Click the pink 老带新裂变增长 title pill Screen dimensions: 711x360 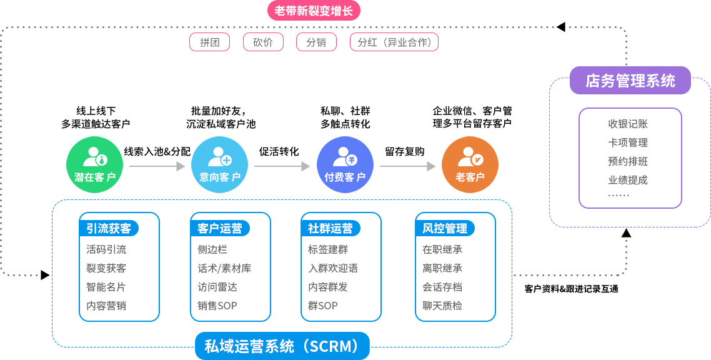[x=314, y=11]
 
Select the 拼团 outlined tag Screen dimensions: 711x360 [x=209, y=42]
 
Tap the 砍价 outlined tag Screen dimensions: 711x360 [x=263, y=42]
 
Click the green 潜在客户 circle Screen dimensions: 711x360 [x=95, y=164]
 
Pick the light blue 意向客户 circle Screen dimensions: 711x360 [x=219, y=164]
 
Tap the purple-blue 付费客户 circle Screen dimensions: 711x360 [x=345, y=164]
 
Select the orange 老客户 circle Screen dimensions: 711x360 [x=470, y=164]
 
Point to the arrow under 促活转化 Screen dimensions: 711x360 [x=282, y=166]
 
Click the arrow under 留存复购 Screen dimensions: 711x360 [x=407, y=166]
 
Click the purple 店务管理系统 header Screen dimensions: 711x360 [x=630, y=81]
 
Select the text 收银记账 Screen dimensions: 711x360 [x=628, y=124]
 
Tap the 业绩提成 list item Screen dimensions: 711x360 [x=628, y=180]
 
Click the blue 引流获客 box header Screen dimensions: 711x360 [x=109, y=229]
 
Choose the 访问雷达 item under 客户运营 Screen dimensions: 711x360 [x=217, y=287]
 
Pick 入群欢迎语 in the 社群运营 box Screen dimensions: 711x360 [x=333, y=268]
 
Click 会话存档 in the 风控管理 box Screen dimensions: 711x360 [x=442, y=287]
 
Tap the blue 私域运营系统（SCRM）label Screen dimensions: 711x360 [x=282, y=346]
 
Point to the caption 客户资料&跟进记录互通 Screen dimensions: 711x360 [x=571, y=289]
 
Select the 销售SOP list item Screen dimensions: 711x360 [x=217, y=306]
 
